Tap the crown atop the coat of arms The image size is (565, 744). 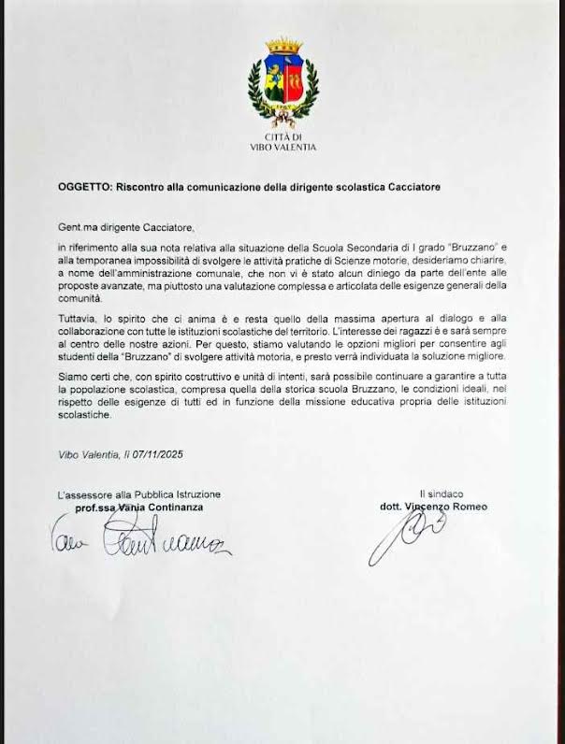tap(282, 45)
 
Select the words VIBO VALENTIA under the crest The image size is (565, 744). tap(282, 148)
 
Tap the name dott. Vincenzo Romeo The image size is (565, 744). tap(433, 507)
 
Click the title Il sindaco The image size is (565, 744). tap(442, 494)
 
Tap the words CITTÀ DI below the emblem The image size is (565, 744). tap(282, 137)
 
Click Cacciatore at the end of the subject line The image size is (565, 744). tap(406, 187)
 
